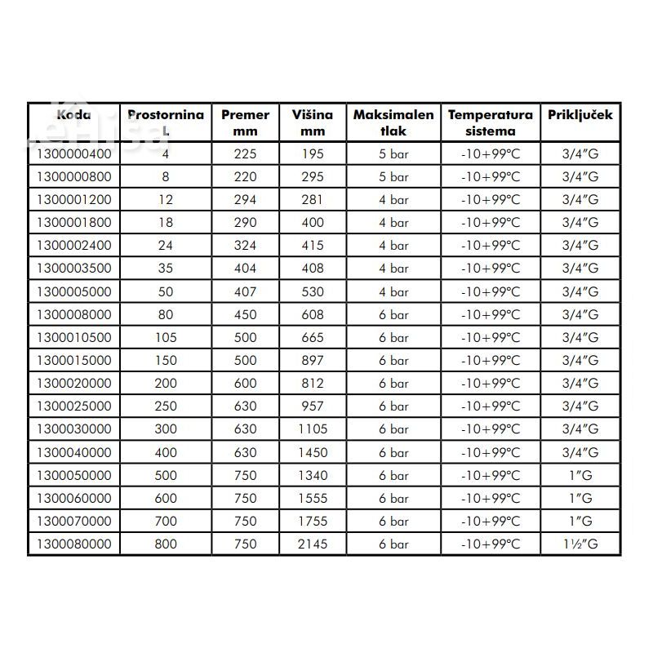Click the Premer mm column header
pyautogui.click(x=245, y=122)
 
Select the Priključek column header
pyautogui.click(x=580, y=115)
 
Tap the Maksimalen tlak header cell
pyautogui.click(x=393, y=122)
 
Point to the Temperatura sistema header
pyautogui.click(x=490, y=122)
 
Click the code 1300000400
pyautogui.click(x=73, y=153)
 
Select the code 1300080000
pyautogui.click(x=73, y=544)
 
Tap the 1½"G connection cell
pyautogui.click(x=580, y=544)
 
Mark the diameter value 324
pyautogui.click(x=245, y=245)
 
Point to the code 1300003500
pyautogui.click(x=73, y=268)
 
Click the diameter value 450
pyautogui.click(x=245, y=314)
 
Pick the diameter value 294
pyautogui.click(x=245, y=199)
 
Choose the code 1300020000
pyautogui.click(x=73, y=383)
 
